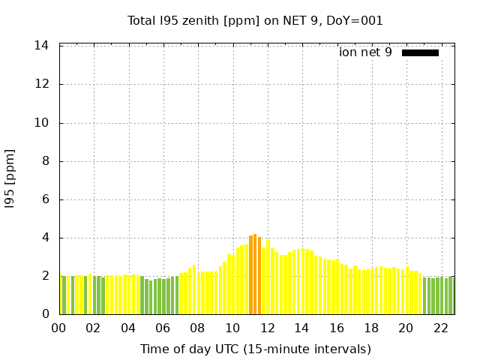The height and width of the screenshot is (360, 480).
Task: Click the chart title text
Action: tap(255, 20)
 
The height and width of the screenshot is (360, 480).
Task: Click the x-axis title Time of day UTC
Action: tap(255, 349)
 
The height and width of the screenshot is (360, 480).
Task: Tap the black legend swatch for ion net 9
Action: tap(420, 52)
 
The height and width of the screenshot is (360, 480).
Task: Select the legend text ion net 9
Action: tap(365, 52)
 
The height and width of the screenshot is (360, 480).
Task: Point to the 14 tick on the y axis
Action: tap(42, 46)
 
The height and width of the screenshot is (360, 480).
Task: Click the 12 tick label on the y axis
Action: tap(42, 84)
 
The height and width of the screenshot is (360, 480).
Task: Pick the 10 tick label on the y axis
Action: tap(42, 123)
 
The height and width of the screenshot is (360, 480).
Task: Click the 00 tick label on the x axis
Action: tap(58, 328)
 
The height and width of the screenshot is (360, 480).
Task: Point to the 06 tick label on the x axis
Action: tap(163, 328)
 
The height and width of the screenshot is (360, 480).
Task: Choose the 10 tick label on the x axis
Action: tap(232, 328)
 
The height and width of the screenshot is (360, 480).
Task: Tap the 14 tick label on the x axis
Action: tap(301, 328)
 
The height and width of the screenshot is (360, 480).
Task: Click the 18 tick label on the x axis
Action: tap(371, 328)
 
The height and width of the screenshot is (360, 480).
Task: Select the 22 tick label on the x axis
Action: tap(440, 328)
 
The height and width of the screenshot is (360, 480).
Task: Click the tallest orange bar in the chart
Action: tap(255, 274)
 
